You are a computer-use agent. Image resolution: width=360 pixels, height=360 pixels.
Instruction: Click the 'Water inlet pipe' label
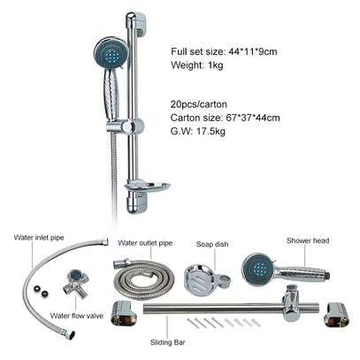pyautogui.click(x=39, y=237)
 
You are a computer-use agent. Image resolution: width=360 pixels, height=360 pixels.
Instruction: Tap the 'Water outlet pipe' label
pyautogui.click(x=145, y=243)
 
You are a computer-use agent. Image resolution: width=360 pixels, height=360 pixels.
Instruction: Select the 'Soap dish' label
pyautogui.click(x=212, y=244)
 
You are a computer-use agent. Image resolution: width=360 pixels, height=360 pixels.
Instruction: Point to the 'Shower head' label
pyautogui.click(x=308, y=241)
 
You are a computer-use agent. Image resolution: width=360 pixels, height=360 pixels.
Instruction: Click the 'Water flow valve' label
pyautogui.click(x=77, y=316)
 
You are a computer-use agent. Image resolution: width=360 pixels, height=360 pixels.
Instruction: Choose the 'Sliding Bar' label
pyautogui.click(x=168, y=342)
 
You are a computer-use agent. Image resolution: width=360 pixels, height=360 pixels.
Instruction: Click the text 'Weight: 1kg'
pyautogui.click(x=197, y=65)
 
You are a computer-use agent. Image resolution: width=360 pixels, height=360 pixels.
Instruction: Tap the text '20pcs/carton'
pyautogui.click(x=199, y=104)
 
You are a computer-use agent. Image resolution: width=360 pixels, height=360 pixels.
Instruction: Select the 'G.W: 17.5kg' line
pyautogui.click(x=198, y=131)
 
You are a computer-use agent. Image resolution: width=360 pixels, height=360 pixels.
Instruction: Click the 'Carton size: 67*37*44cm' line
pyautogui.click(x=226, y=118)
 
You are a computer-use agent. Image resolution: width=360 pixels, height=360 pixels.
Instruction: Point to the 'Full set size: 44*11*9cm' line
pyautogui.click(x=224, y=51)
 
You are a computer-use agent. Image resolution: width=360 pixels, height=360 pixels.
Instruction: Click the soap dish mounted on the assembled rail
pyautogui.click(x=147, y=187)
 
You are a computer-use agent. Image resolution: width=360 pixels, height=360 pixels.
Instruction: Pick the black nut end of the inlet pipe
pyautogui.click(x=71, y=334)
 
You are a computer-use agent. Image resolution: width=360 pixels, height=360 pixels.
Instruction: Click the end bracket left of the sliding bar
pyautogui.click(x=125, y=313)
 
